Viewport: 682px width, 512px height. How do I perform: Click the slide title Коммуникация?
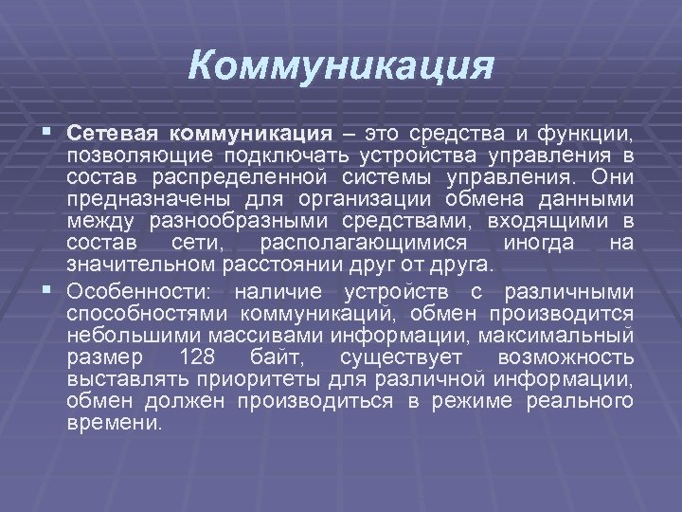coord(341,67)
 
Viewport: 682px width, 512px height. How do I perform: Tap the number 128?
coord(197,357)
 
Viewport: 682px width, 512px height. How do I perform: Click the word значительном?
coord(141,266)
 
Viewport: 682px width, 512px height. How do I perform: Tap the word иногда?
coord(537,244)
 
